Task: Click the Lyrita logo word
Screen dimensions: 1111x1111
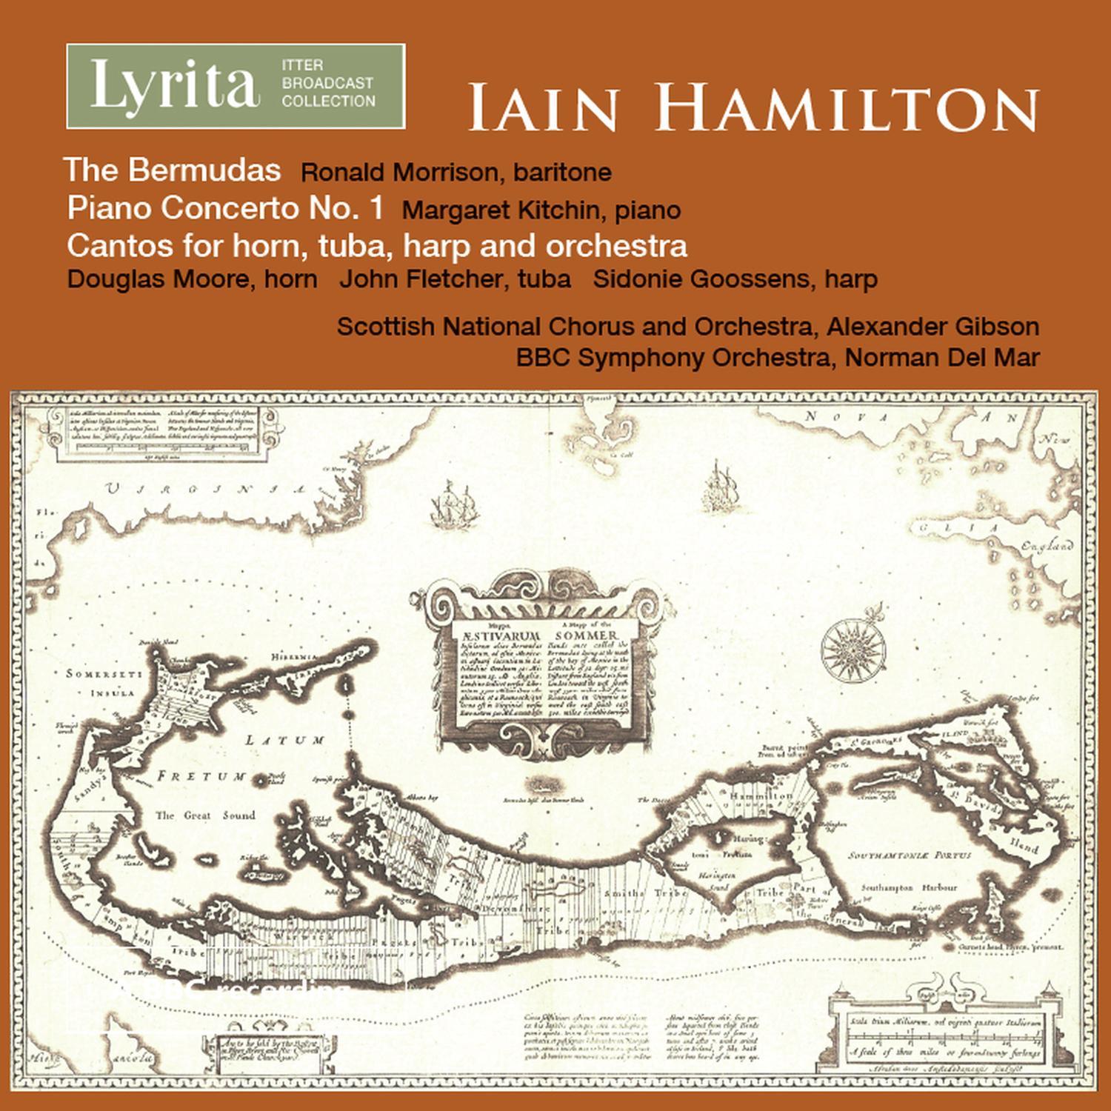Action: point(175,87)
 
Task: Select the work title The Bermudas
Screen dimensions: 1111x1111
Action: point(173,170)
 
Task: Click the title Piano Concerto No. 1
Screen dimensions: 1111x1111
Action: point(225,208)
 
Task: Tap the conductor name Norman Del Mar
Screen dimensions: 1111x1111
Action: point(942,357)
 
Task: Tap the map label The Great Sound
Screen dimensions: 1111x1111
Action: point(205,815)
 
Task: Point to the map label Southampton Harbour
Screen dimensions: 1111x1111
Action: point(909,887)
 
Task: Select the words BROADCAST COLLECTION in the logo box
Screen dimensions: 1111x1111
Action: point(327,92)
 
